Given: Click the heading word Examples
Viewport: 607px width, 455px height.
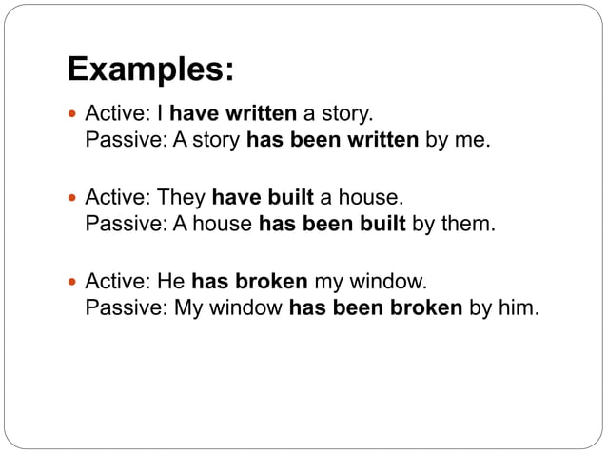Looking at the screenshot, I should tap(150, 69).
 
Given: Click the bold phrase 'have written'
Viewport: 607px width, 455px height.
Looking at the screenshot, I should tap(233, 114).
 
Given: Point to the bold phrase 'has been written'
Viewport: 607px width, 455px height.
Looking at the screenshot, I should tap(332, 141).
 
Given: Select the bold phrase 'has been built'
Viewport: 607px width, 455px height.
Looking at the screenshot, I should tap(332, 225).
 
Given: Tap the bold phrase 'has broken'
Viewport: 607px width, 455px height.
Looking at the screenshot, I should tap(249, 281).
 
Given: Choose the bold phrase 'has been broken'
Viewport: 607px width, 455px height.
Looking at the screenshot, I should tap(375, 308).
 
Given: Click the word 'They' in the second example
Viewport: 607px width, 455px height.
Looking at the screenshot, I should tap(181, 198).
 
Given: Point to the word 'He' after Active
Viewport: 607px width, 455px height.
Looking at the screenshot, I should tap(171, 281).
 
